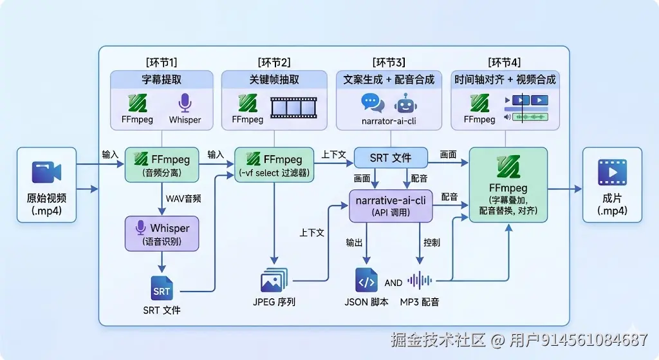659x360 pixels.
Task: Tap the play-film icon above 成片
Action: click(612, 172)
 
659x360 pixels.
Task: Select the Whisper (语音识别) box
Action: click(162, 233)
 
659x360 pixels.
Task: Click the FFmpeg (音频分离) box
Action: click(162, 164)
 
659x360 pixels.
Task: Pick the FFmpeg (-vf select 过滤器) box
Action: click(274, 164)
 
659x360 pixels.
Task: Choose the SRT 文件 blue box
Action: click(391, 158)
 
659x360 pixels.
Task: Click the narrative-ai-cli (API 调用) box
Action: click(391, 205)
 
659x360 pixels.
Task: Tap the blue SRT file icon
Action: click(162, 288)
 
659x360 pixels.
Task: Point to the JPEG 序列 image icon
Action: click(274, 280)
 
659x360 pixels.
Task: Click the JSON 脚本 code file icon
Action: click(366, 280)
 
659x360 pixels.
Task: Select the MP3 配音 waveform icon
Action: click(420, 280)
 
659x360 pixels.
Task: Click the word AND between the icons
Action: click(393, 283)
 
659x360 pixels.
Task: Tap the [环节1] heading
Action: click(162, 62)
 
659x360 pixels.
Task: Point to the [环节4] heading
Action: click(505, 62)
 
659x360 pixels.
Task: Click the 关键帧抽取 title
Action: click(274, 79)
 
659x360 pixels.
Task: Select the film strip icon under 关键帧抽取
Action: click(293, 108)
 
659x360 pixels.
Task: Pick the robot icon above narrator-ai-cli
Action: click(405, 104)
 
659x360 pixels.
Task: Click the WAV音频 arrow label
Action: click(183, 198)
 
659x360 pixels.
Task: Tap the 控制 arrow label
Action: click(432, 243)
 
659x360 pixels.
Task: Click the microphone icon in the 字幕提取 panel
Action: click(185, 102)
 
